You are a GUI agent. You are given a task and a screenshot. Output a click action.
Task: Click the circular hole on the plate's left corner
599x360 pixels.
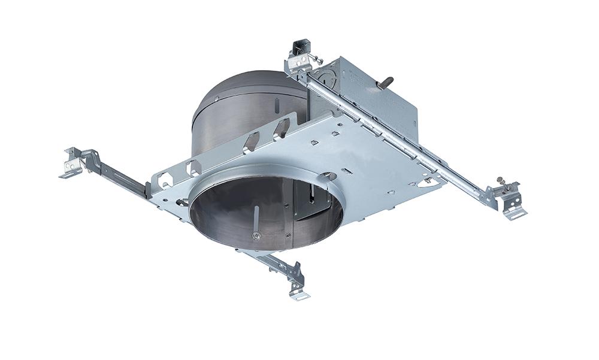click(180, 201)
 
